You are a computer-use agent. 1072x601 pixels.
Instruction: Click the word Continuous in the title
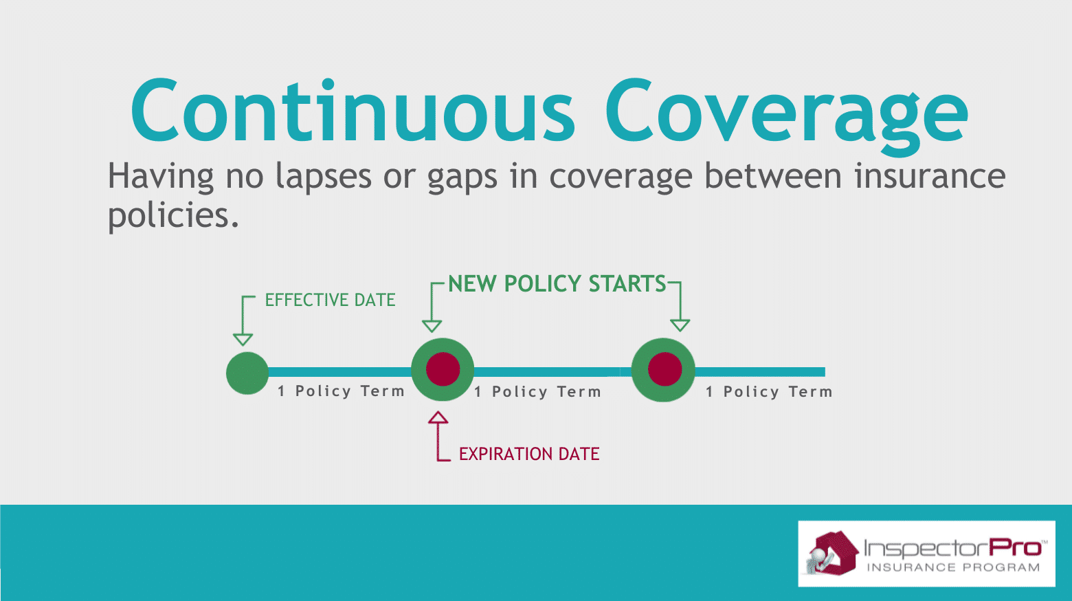(x=353, y=111)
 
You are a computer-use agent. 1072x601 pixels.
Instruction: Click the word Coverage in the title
(x=788, y=118)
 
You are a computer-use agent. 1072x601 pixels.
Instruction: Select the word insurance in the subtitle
(x=930, y=176)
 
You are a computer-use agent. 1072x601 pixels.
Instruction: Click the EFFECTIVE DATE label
(x=331, y=300)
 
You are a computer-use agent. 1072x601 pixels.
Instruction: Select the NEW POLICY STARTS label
(x=557, y=283)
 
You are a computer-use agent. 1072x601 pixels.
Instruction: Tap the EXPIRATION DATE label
(x=529, y=454)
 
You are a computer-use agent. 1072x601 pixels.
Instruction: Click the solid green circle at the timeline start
(x=247, y=373)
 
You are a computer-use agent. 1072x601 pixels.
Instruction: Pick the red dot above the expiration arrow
(x=443, y=369)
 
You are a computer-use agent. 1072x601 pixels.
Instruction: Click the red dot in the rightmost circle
(x=665, y=369)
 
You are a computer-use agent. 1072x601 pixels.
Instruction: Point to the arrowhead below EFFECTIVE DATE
(x=243, y=340)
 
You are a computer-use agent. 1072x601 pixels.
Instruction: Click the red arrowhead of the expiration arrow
(x=438, y=417)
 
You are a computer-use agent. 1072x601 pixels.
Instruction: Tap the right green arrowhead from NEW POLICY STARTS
(x=680, y=326)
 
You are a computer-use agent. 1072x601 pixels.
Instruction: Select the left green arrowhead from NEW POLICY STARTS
(x=432, y=326)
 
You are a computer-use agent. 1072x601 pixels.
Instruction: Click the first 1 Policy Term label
(x=342, y=391)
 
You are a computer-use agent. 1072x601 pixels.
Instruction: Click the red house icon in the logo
(x=833, y=553)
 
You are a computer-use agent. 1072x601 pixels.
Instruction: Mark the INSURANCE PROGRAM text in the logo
(x=953, y=567)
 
